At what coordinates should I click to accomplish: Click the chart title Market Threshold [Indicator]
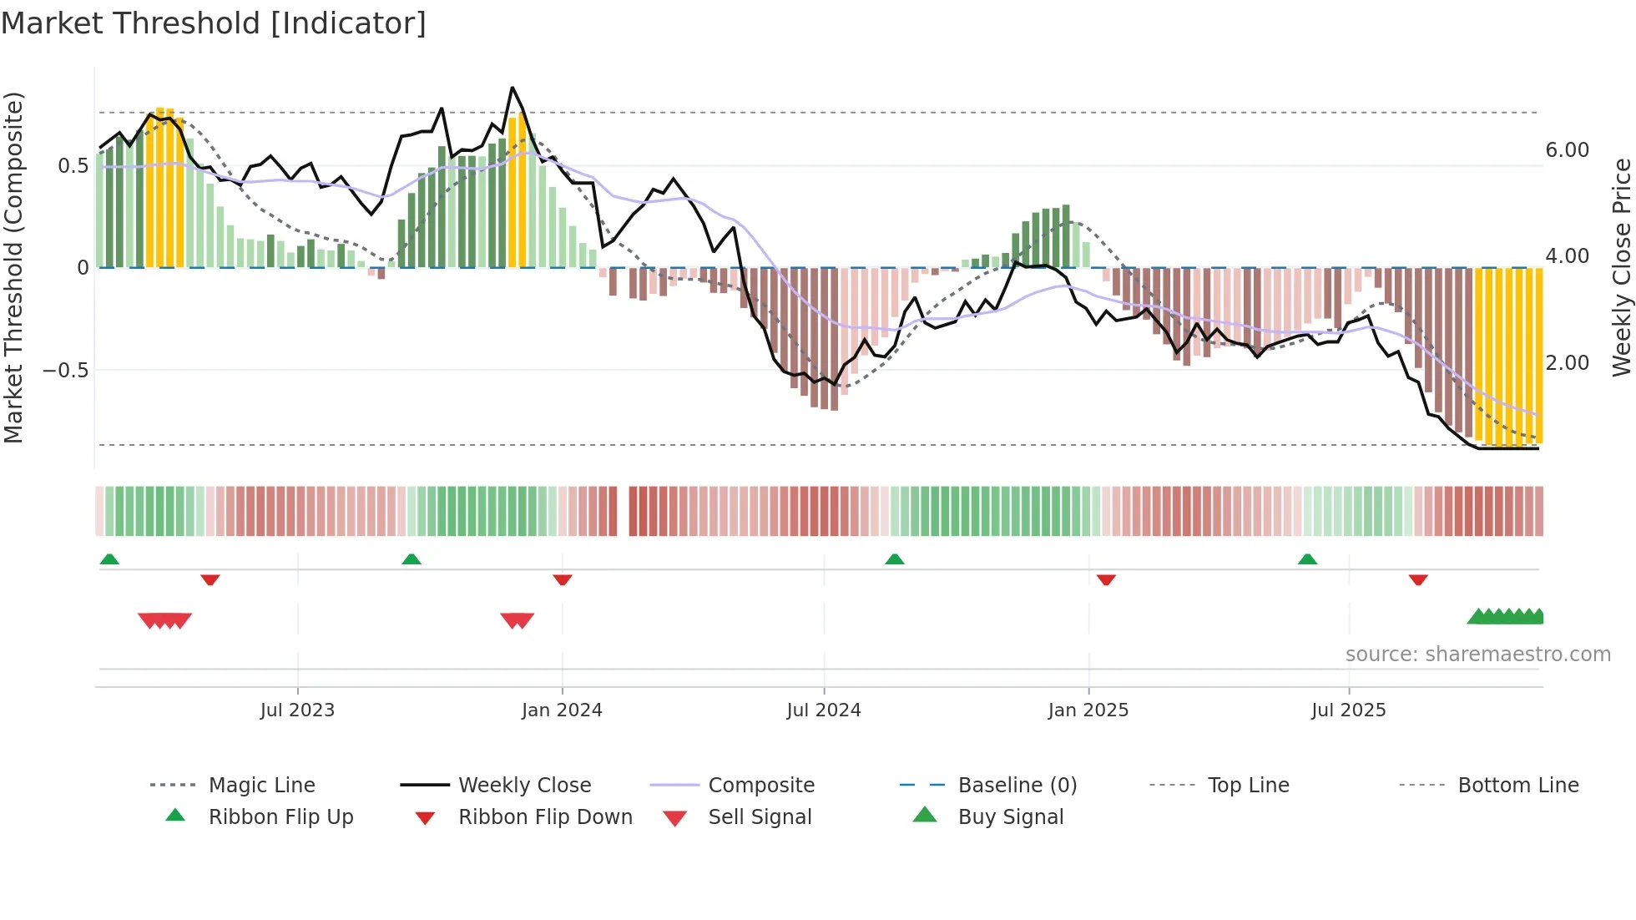(x=214, y=23)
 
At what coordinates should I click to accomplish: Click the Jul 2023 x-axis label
(x=297, y=710)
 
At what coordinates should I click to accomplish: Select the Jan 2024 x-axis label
(x=562, y=710)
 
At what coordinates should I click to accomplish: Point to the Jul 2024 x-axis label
(x=824, y=710)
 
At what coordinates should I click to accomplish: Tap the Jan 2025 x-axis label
(x=1088, y=710)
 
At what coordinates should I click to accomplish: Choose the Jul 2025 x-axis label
(x=1349, y=710)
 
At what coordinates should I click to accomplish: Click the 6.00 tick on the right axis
(x=1568, y=150)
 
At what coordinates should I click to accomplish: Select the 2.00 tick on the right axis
(x=1568, y=363)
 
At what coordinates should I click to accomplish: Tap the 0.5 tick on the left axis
(x=73, y=166)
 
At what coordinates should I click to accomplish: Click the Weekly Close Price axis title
(x=1621, y=267)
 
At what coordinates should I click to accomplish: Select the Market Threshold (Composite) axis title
(x=13, y=267)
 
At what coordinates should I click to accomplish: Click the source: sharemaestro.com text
(x=1478, y=655)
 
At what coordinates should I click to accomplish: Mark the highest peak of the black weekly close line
(x=513, y=88)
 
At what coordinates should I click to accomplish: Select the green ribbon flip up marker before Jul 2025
(x=1307, y=559)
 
